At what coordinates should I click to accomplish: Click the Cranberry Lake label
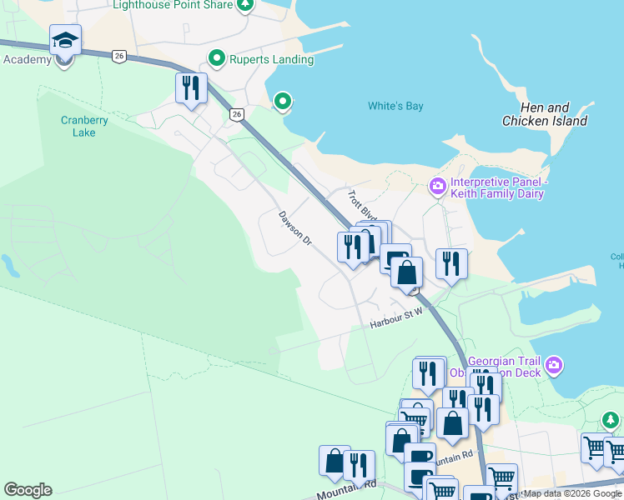(84, 126)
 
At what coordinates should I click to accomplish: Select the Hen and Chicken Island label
(544, 114)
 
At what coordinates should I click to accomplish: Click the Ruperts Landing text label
(272, 59)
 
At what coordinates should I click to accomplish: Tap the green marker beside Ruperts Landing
(217, 58)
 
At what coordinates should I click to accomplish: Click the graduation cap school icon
(65, 39)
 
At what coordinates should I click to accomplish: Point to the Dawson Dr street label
(294, 227)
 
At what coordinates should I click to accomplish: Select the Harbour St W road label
(397, 317)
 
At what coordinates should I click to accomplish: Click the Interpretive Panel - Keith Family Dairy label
(497, 188)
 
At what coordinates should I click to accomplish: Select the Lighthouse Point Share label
(173, 5)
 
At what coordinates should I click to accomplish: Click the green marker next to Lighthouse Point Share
(244, 6)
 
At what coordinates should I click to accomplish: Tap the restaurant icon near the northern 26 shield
(191, 87)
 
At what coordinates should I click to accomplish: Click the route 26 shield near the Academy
(119, 56)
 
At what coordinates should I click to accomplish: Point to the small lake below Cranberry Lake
(10, 266)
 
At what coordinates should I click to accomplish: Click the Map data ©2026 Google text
(573, 494)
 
